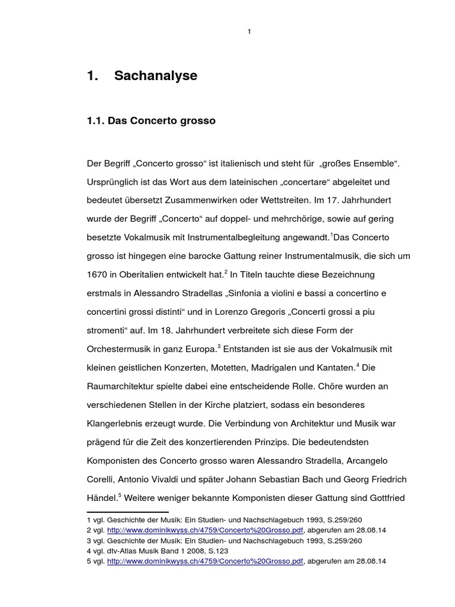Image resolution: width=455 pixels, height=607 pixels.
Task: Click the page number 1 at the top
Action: (249, 31)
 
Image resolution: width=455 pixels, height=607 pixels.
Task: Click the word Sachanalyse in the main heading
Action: (155, 76)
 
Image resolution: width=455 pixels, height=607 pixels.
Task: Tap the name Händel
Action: (101, 498)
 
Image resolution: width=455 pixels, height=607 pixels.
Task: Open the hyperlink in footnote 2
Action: (205, 530)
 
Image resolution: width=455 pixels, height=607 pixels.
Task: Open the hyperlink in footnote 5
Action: (205, 561)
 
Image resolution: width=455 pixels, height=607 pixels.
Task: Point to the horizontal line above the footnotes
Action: (127, 512)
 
